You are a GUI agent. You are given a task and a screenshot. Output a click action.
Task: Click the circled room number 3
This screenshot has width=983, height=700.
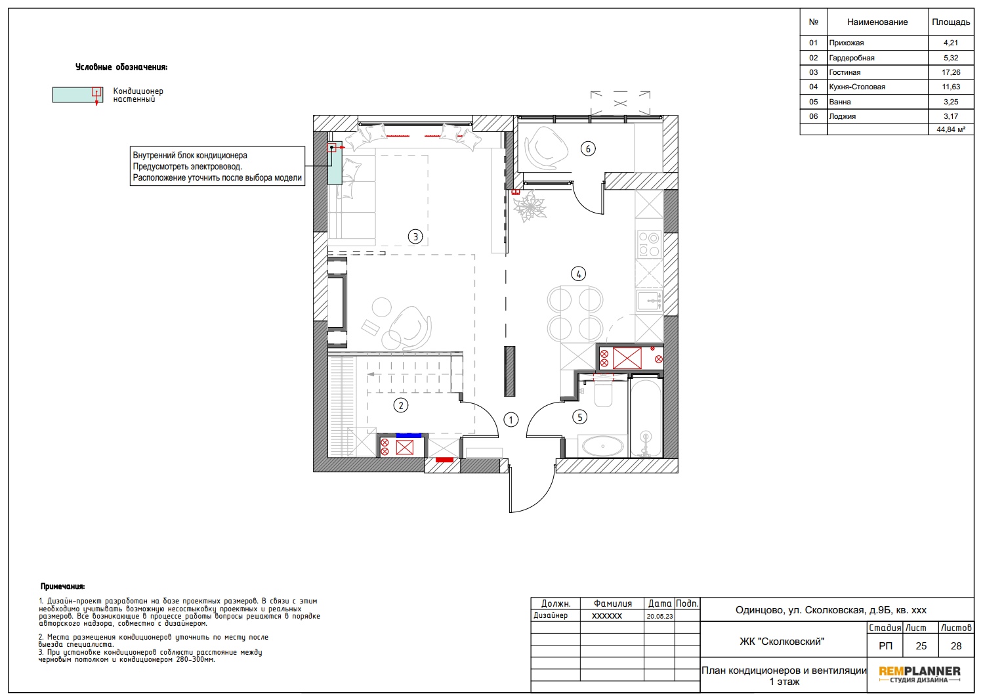click(415, 236)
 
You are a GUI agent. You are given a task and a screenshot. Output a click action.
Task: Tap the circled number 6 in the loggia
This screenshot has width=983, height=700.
click(588, 149)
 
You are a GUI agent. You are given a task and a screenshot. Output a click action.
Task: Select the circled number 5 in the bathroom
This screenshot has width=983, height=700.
click(579, 417)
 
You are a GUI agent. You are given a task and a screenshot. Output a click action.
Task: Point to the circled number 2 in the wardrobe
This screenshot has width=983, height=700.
click(401, 405)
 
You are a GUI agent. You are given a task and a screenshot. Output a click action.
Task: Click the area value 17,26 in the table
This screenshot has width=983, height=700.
click(951, 72)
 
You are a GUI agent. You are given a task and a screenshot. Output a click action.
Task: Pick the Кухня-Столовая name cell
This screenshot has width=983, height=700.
click(857, 87)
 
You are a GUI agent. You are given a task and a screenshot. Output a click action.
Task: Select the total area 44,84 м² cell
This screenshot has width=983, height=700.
click(951, 129)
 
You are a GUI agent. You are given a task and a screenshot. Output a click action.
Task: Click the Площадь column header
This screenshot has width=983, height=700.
click(951, 22)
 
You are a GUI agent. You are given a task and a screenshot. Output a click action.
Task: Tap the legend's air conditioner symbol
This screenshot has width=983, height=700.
click(77, 95)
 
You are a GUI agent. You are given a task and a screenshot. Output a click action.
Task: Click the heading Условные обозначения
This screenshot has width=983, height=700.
click(121, 67)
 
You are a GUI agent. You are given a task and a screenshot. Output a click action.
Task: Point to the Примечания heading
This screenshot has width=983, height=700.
click(63, 586)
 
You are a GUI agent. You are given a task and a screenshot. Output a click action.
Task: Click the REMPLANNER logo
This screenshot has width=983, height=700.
click(919, 674)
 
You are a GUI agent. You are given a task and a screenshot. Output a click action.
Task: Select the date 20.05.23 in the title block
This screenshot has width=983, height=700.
click(659, 616)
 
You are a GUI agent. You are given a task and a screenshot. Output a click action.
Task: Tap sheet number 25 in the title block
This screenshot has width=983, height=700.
click(921, 646)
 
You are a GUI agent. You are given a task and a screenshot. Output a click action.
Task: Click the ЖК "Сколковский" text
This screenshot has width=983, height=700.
click(782, 642)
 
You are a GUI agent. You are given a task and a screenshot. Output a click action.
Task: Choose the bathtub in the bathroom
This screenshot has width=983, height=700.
click(646, 418)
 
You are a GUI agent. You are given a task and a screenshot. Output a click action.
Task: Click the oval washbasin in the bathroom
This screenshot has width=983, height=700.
click(602, 446)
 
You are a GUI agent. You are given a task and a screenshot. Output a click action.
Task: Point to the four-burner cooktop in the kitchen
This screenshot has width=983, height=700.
click(648, 244)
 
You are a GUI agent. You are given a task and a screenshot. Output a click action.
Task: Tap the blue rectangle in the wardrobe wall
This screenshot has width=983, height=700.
click(409, 435)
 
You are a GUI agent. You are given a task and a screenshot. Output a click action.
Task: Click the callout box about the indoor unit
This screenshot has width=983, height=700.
click(217, 166)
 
